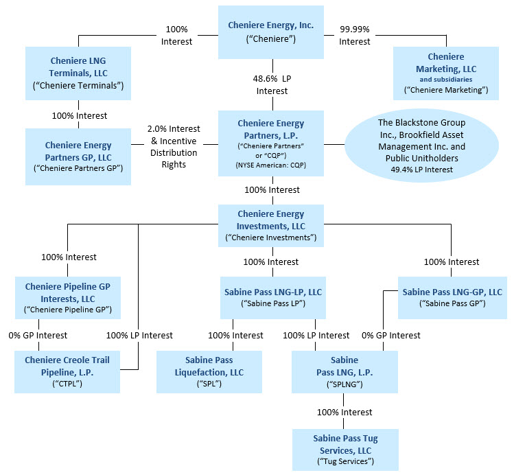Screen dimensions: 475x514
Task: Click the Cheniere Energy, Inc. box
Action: point(271,32)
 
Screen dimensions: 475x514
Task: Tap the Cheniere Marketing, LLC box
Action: point(445,71)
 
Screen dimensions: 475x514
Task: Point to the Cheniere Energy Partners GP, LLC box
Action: point(78,152)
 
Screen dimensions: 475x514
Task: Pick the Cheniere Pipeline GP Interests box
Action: point(67,298)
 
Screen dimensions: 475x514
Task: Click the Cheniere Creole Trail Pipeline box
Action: point(67,371)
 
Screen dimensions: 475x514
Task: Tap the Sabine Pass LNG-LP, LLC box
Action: point(273,297)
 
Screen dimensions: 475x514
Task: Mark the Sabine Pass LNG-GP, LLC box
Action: point(451,297)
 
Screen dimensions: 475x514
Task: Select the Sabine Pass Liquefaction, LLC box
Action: point(209,371)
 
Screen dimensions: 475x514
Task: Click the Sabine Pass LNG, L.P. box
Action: point(344,371)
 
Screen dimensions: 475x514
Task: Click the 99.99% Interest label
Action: point(354,36)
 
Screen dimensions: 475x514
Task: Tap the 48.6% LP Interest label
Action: point(272,85)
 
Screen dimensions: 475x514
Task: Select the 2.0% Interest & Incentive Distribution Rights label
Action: point(175,146)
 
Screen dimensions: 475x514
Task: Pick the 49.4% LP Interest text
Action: point(421,169)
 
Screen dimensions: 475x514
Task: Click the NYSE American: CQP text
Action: point(271,165)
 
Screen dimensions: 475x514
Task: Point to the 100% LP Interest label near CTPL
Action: point(139,335)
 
